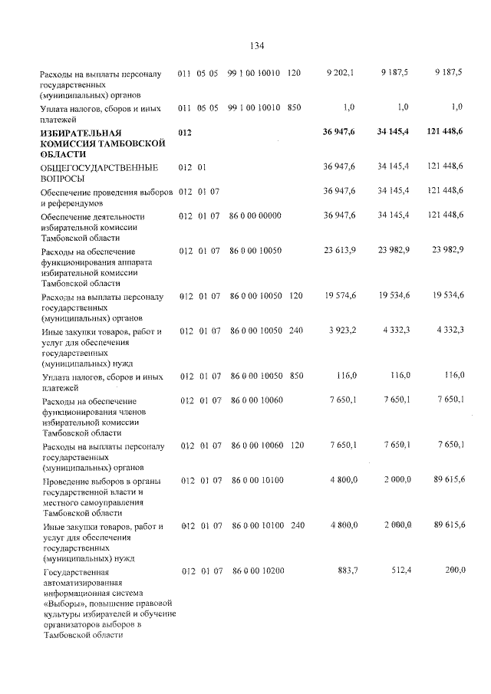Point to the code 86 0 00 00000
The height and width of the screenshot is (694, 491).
255,217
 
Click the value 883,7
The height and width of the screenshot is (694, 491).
347,572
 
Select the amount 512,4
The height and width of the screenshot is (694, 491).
400,572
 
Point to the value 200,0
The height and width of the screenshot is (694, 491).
453,572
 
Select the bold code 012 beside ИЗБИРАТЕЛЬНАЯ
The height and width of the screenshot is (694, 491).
185,133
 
